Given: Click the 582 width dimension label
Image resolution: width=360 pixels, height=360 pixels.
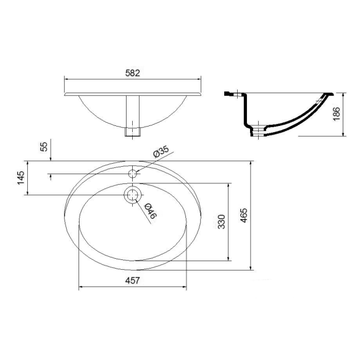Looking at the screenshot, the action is [133, 73].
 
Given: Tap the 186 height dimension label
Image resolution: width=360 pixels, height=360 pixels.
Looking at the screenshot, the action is [337, 114].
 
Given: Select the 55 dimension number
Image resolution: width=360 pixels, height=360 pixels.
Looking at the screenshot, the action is [44, 147].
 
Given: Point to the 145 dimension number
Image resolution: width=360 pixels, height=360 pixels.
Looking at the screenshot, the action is [20, 177].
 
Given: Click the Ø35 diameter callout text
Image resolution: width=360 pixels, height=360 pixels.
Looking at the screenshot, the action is [161, 151].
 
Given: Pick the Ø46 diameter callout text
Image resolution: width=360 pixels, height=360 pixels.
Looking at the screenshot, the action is [151, 211].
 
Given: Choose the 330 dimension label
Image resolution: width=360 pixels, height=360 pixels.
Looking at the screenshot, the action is [222, 222].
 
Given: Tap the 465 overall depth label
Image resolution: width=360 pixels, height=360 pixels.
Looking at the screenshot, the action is [244, 215].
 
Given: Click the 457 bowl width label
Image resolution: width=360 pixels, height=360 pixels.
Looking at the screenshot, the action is [133, 280].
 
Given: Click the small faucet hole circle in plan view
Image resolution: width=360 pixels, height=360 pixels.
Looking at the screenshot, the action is [133, 174].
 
